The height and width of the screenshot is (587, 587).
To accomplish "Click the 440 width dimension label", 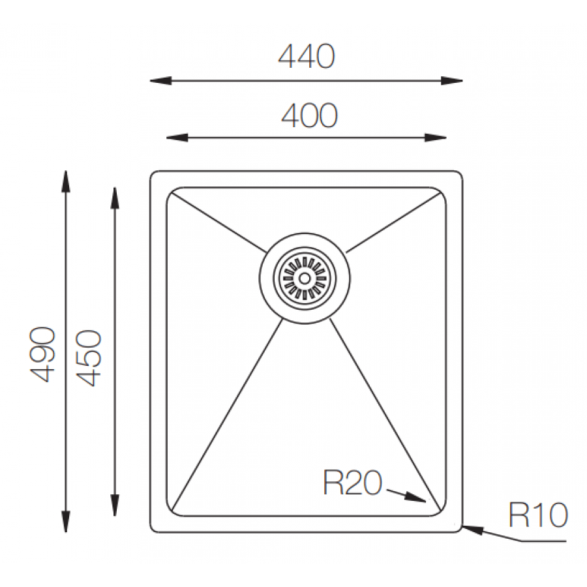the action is click(x=307, y=57).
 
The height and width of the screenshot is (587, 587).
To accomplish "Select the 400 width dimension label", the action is click(x=309, y=115).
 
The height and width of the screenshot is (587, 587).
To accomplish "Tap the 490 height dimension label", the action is click(x=42, y=355).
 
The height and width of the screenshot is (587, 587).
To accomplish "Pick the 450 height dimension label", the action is click(x=89, y=358).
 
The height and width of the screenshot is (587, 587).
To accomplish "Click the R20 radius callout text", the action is click(x=353, y=483).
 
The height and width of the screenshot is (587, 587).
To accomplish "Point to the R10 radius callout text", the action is click(x=538, y=515).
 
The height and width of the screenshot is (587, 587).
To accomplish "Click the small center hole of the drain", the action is click(x=305, y=278).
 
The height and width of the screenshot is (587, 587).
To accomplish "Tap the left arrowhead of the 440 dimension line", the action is click(x=161, y=80).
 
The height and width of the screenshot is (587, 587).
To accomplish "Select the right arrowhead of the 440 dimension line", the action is click(x=451, y=80).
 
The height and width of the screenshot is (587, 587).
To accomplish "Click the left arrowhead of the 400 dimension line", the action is click(x=177, y=138).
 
